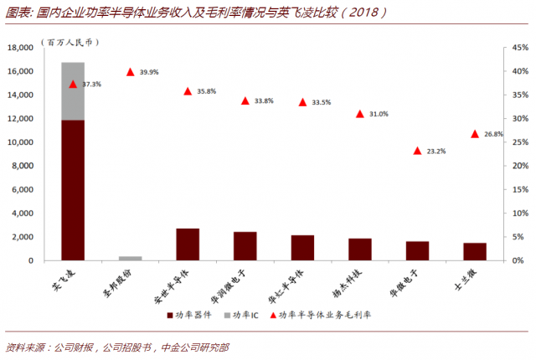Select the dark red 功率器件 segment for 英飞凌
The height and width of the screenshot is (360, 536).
pos(73,190)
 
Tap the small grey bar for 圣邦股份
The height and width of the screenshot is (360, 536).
pos(130,258)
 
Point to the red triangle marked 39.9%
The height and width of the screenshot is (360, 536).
pos(131,73)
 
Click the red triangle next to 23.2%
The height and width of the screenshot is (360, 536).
pos(417,151)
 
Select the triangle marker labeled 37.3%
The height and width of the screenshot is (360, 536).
pos(73,85)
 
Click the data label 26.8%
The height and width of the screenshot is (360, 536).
pos(494,134)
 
